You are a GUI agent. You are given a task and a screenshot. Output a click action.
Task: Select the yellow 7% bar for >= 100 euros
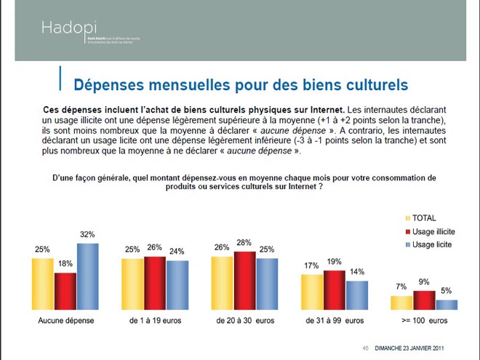tap(402, 303)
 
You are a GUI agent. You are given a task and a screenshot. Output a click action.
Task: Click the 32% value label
tap(88, 234)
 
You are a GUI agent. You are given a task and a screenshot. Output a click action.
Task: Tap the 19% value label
tap(334, 261)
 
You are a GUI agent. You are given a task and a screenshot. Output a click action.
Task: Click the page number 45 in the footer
tap(366, 346)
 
